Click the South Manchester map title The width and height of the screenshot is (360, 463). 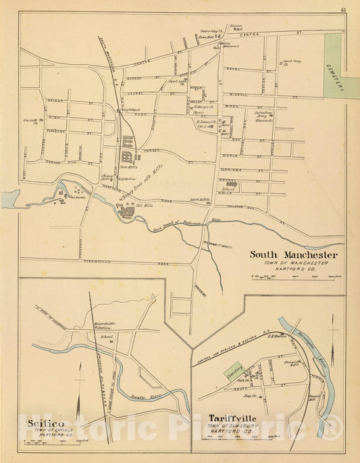pyautogui.click(x=293, y=255)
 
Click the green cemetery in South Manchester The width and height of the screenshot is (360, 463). pyautogui.click(x=333, y=66)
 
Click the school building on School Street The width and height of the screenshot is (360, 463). pyautogui.click(x=232, y=183)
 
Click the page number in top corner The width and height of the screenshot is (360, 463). pyautogui.click(x=344, y=8)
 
